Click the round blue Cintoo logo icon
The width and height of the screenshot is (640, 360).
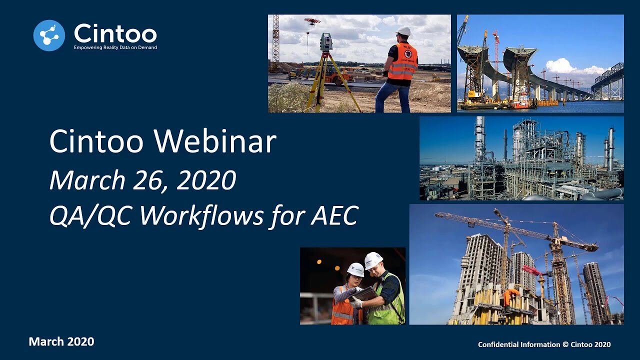coord(49,35)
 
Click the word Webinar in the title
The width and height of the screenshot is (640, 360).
coord(215,141)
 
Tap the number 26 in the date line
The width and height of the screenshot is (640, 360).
coord(147,180)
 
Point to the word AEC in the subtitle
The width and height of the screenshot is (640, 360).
coord(334,215)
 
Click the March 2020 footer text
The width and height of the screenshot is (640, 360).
coord(61,341)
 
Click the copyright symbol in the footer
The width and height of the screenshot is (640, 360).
coord(565,344)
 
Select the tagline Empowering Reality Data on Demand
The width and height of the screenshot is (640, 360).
coord(115,47)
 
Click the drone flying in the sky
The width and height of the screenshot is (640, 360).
coord(312,21)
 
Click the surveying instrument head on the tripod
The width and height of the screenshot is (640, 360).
coord(326,42)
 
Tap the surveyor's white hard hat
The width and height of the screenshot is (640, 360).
coord(404,31)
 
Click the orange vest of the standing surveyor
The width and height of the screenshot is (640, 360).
coord(402,61)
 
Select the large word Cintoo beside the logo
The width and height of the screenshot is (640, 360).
coord(115,33)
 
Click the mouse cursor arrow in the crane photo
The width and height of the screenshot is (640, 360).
coord(559,313)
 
